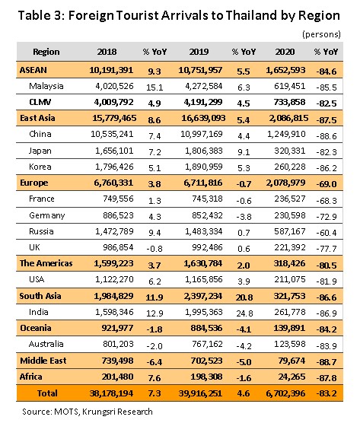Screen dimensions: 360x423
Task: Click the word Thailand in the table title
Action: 251,15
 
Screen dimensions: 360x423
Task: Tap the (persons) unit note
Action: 321,34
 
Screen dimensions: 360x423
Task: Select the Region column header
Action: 46,52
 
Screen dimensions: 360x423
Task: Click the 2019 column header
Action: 199,52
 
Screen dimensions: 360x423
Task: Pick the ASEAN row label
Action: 33,70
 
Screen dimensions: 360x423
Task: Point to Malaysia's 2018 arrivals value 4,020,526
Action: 114,86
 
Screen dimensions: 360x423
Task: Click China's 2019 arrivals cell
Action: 202,134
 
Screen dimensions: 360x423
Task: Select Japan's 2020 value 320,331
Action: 290,151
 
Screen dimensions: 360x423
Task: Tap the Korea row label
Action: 40,167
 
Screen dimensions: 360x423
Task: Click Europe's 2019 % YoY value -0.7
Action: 244,184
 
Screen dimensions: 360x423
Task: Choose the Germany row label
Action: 47,215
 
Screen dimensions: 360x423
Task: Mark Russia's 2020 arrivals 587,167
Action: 290,231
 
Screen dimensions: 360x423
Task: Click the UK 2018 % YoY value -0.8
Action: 155,249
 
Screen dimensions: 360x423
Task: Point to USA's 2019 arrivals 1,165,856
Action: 204,279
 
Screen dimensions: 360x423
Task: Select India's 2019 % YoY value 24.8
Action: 244,313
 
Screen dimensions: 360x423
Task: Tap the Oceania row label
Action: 36,328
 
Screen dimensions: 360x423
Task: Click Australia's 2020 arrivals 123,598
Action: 290,344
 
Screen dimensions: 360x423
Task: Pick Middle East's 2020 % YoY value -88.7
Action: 327,362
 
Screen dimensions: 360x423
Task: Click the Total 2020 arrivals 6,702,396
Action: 285,393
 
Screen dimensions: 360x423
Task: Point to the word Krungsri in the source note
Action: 98,412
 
